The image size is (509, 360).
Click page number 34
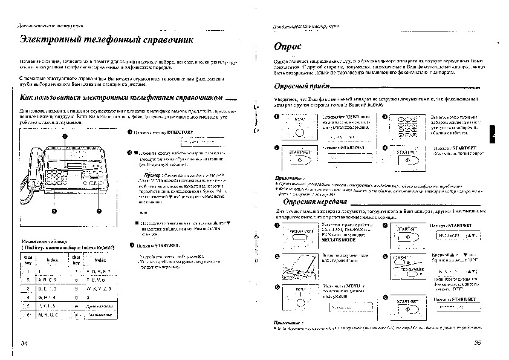coord(24,342)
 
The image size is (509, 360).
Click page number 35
coord(477,342)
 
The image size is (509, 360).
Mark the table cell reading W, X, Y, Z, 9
coord(99,289)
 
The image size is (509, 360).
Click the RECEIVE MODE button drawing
coord(297,234)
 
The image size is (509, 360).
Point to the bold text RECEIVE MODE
coord(340,240)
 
